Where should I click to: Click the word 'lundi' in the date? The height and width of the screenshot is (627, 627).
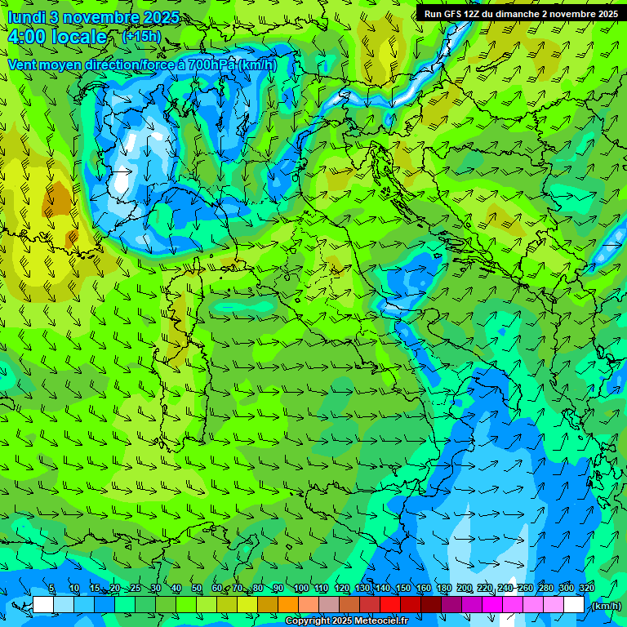(27, 17)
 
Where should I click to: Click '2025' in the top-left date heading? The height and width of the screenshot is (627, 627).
(162, 17)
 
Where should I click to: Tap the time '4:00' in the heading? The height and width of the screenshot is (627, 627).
(26, 37)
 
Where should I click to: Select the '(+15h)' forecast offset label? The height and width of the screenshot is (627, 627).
(140, 36)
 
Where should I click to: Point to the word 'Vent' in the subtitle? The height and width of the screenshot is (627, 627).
(23, 64)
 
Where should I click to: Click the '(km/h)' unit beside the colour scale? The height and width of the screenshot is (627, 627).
(605, 605)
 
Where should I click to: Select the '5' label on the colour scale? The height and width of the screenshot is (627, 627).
(52, 589)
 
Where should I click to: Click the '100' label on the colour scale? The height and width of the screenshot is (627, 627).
(301, 589)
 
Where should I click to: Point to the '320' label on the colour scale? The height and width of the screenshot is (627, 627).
(586, 589)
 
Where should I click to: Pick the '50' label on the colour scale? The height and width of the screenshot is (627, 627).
(197, 589)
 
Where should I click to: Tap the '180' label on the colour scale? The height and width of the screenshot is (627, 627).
(444, 589)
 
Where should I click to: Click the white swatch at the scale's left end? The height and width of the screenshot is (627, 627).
(43, 605)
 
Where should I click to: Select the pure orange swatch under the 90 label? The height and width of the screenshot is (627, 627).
(287, 605)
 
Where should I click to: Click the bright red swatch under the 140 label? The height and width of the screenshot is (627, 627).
(389, 605)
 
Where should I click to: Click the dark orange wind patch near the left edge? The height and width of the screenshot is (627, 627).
(59, 198)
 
